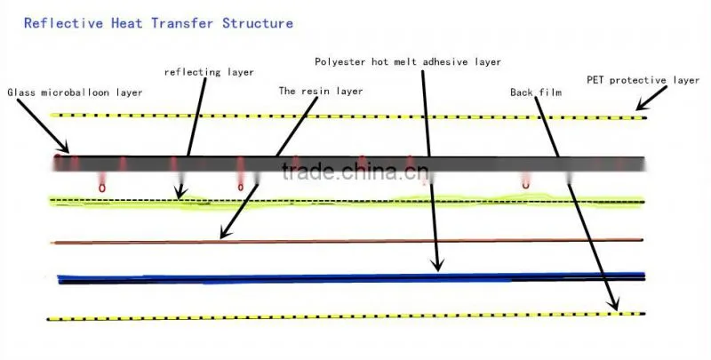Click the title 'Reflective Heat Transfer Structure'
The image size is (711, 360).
tap(158, 23)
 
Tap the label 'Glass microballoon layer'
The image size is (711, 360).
tap(75, 92)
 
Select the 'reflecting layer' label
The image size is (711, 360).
tap(209, 72)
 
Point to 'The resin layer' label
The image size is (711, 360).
tap(321, 92)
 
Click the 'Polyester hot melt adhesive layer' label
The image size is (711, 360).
tap(408, 61)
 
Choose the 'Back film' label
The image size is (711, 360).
tap(536, 92)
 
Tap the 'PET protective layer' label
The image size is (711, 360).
tap(643, 80)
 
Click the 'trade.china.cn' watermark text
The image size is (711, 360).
tap(355, 172)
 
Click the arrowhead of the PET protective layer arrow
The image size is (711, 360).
tap(638, 108)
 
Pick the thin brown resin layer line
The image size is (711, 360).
tap(347, 241)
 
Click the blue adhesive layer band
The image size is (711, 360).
tap(351, 278)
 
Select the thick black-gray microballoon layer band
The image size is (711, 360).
tap(348, 164)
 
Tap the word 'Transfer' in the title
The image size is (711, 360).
tap(182, 23)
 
